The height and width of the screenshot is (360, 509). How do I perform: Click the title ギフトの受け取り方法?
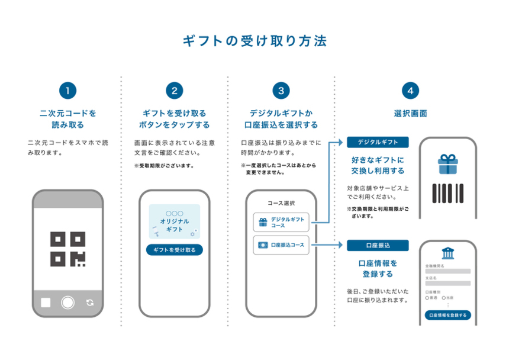pyautogui.click(x=254, y=41)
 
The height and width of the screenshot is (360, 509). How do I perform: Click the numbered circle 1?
pyautogui.click(x=68, y=91)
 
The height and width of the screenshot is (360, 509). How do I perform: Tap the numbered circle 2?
pyautogui.click(x=174, y=91)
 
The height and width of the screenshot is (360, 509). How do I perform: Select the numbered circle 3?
pyautogui.click(x=281, y=91)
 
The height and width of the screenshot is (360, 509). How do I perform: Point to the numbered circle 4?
pyautogui.click(x=410, y=91)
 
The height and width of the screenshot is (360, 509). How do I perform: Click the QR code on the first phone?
pyautogui.click(x=67, y=249)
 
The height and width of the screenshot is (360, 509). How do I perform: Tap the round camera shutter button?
pyautogui.click(x=67, y=303)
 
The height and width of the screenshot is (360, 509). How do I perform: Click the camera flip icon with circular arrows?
pyautogui.click(x=89, y=303)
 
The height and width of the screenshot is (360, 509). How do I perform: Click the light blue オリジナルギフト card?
pyautogui.click(x=174, y=221)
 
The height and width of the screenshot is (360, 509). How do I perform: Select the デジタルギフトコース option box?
pyautogui.click(x=281, y=223)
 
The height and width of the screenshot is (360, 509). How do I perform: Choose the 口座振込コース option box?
pyautogui.click(x=281, y=245)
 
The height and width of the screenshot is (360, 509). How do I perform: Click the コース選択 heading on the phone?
pyautogui.click(x=281, y=203)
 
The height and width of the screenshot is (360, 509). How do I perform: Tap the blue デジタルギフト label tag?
pyautogui.click(x=378, y=142)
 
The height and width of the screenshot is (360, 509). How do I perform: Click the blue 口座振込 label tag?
pyautogui.click(x=378, y=245)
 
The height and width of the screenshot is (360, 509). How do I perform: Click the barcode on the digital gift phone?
pyautogui.click(x=448, y=193)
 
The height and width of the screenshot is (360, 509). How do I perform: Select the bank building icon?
pyautogui.click(x=448, y=253)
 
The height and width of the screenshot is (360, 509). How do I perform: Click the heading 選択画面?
pyautogui.click(x=410, y=113)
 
